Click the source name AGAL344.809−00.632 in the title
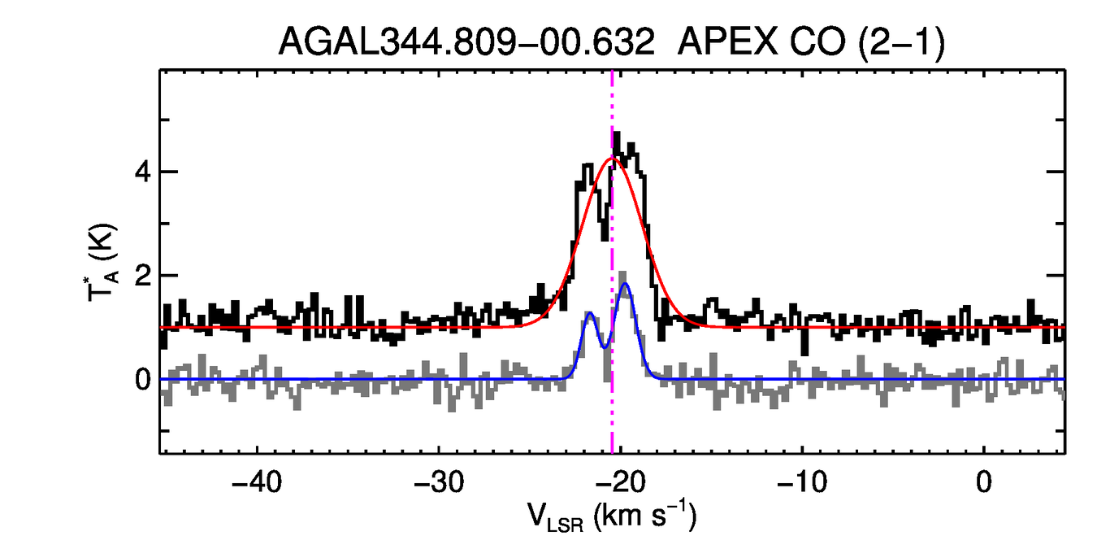[x=466, y=41]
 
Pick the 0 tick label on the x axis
[x=984, y=481]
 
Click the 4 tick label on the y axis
[x=143, y=172]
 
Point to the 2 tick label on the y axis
[x=143, y=277]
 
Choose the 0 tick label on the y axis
[x=143, y=380]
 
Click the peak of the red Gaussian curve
[x=613, y=158]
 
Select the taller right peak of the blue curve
[x=625, y=284]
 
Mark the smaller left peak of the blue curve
[x=590, y=312]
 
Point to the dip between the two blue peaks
[x=604, y=347]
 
